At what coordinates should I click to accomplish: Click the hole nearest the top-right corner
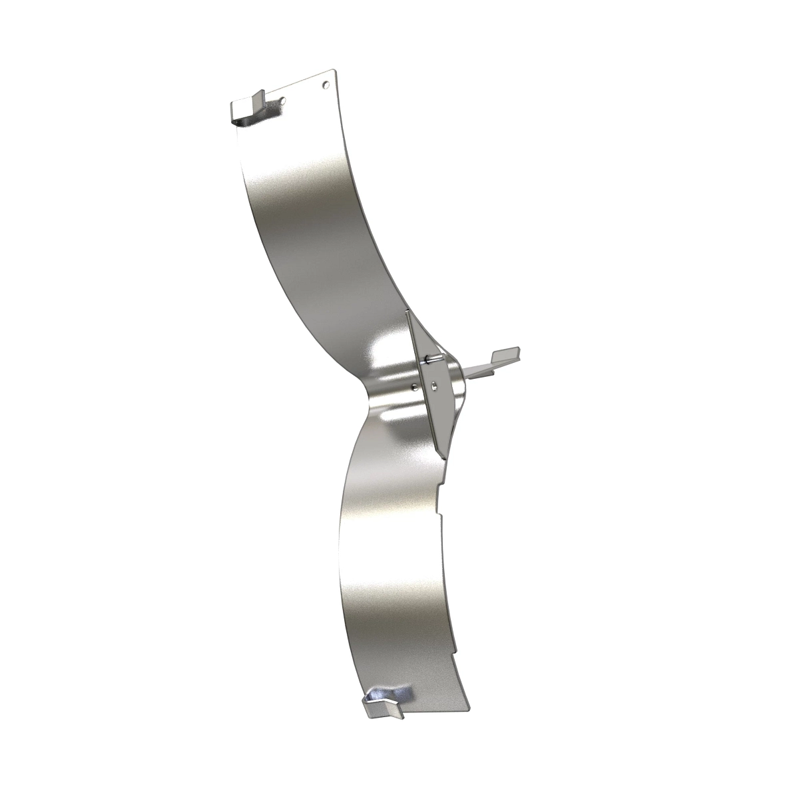tap(325, 85)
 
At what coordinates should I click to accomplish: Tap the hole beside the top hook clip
tap(283, 101)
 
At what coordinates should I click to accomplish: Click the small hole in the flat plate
tap(433, 384)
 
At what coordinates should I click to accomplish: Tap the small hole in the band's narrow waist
tap(415, 386)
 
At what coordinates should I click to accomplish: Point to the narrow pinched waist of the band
tap(373, 393)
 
